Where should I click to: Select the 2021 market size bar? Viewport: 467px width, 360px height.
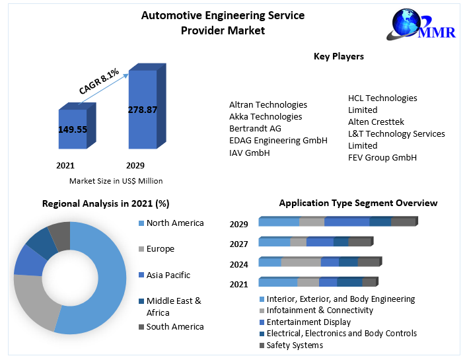tap(73, 129)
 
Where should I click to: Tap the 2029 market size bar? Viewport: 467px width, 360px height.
tap(142, 109)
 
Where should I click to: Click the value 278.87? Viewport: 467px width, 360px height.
tap(142, 109)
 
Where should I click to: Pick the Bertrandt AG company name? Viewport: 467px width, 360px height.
tap(255, 128)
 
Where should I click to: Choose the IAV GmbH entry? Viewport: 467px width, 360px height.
tap(249, 153)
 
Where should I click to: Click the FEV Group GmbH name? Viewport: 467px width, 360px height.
tap(382, 157)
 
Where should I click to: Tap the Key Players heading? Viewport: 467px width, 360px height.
tap(338, 57)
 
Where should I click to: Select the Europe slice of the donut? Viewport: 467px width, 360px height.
tap(33, 301)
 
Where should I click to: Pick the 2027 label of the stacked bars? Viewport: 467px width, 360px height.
tap(238, 244)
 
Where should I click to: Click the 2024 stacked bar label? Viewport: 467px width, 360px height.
tap(238, 264)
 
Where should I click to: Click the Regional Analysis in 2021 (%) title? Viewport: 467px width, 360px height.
tap(106, 203)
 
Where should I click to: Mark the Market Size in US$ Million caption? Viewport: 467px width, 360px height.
tap(116, 180)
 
